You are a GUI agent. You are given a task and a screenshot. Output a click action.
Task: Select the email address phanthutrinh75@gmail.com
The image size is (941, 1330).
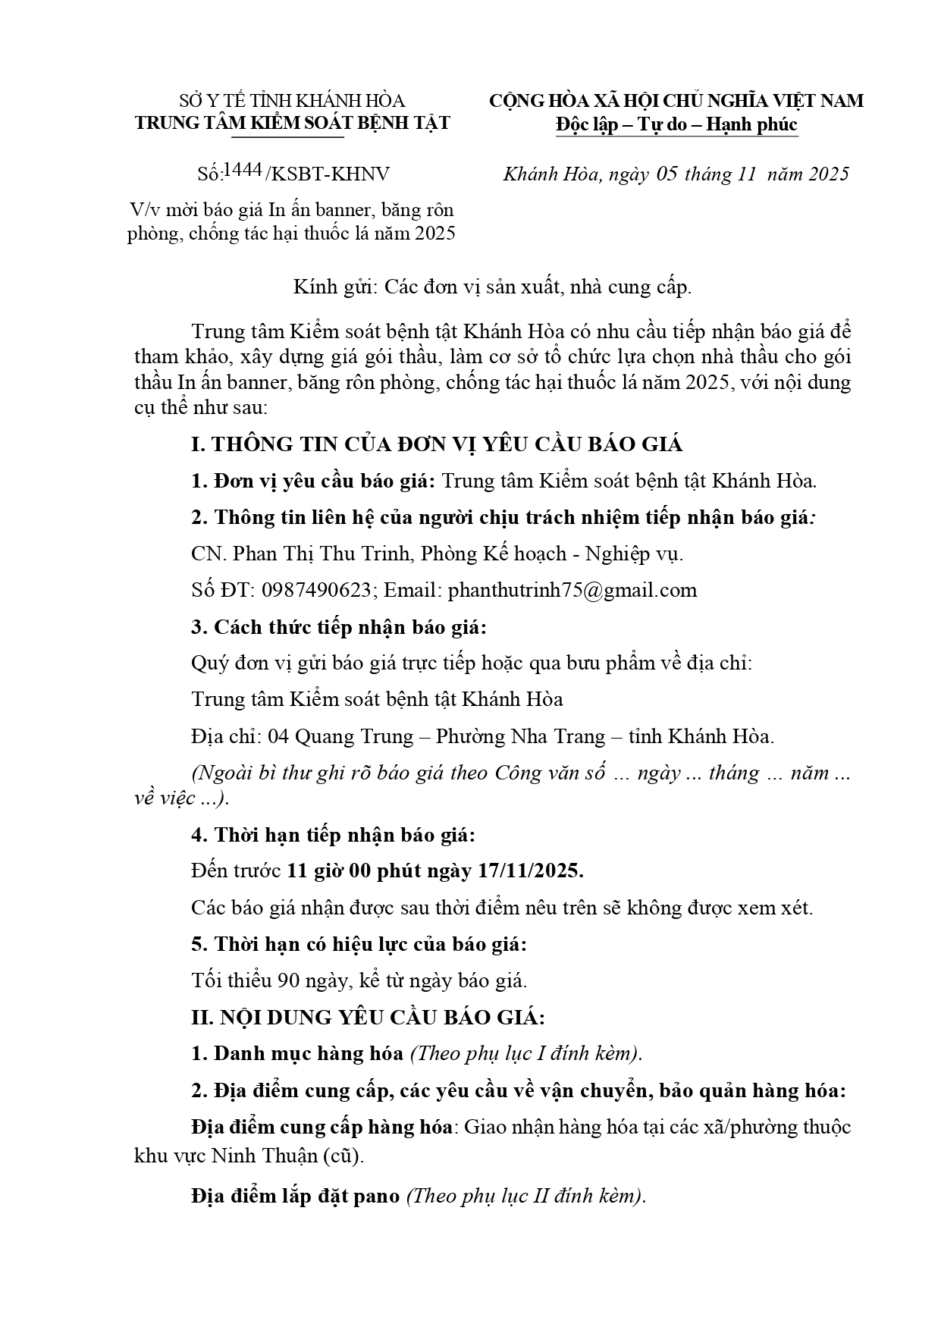point(572,591)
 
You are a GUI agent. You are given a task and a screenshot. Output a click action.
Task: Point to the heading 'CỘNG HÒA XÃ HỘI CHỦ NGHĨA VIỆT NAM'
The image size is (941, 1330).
point(676,101)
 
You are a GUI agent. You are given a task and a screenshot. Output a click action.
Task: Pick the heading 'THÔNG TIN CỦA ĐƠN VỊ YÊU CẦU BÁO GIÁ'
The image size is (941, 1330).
point(447,444)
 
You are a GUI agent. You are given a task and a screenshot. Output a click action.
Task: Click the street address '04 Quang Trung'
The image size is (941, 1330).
point(340,736)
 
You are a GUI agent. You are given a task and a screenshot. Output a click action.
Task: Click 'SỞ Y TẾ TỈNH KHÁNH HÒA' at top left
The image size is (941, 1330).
point(292,101)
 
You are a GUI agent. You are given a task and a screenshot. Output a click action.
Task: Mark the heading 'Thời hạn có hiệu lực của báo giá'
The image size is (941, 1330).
point(369,945)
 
